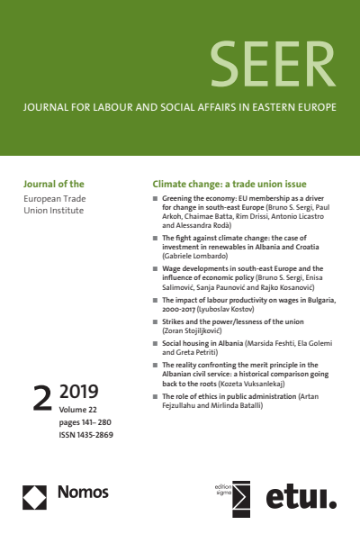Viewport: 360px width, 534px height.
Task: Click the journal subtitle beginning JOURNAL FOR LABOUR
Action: [180, 107]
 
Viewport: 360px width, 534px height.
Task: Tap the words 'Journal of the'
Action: [53, 180]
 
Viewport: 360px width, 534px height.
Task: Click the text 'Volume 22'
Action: [81, 410]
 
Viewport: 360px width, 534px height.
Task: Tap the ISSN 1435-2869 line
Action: [86, 434]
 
